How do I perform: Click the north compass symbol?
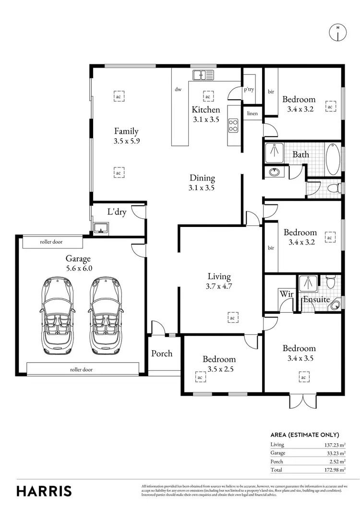pos(338,32)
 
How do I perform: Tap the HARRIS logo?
pos(44,491)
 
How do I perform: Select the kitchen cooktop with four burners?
pos(233,126)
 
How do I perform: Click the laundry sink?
pos(101,227)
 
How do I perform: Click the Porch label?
pos(162,354)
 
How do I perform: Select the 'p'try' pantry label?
pos(249,89)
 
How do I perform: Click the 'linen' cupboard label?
pos(252,114)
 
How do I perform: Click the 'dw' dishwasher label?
pos(178,89)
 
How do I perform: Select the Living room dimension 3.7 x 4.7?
pos(219,286)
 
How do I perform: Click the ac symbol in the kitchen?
pos(208,96)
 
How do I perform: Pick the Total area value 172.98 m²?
pos(335,470)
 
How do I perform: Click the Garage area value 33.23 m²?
pos(336,453)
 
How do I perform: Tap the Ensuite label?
pos(316,299)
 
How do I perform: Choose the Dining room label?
pos(202,178)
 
